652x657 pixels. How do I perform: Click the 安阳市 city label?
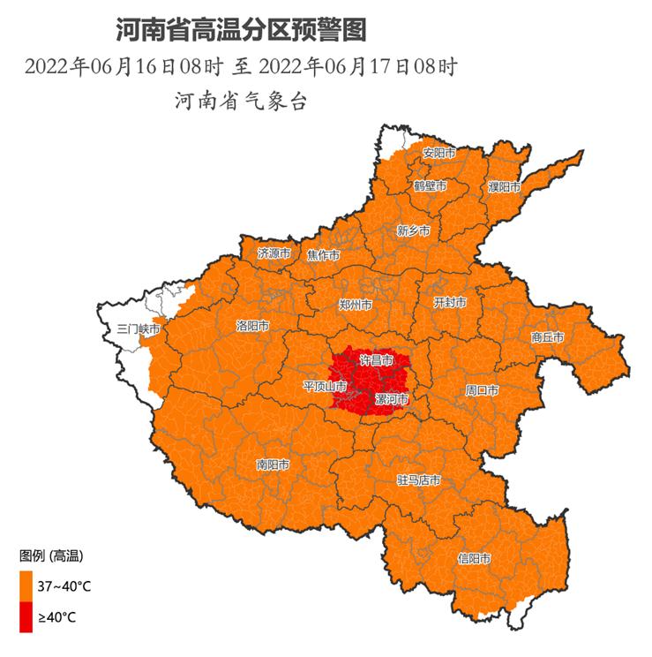pos(438,153)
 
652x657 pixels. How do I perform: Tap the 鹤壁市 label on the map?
pos(430,186)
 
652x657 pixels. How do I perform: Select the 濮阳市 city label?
pos(504,187)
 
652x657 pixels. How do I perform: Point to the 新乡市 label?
pos(413,230)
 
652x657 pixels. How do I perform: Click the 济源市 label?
pos(274,253)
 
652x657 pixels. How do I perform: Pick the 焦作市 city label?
pos(323,255)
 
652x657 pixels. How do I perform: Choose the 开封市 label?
pos(450,302)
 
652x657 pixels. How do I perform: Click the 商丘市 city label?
pos(547,336)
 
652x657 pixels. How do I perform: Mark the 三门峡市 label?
pos(139,328)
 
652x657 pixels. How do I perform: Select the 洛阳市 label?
pos(252,326)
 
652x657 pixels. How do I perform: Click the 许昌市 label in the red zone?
pos(377,360)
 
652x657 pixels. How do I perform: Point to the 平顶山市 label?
pos(326,386)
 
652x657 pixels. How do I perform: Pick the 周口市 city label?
pos(482,389)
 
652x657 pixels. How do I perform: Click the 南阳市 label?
pos(274,464)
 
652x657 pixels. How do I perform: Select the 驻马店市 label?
pos(418,480)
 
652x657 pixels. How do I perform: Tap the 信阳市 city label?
pos(475,558)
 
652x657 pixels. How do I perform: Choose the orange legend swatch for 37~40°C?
pos(26,585)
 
